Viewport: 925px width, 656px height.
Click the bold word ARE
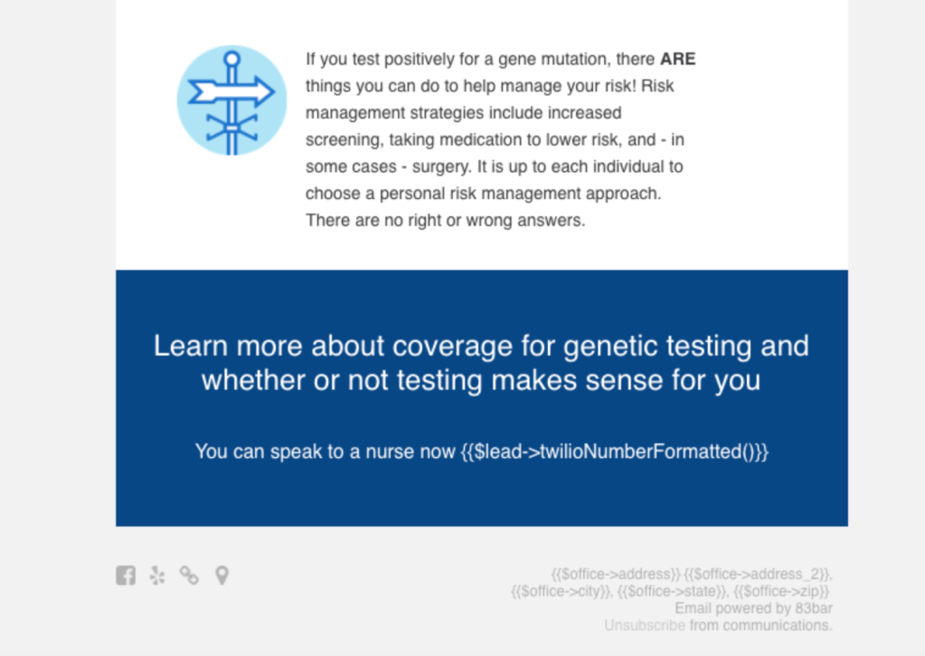(x=678, y=59)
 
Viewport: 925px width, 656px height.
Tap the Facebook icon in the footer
(x=126, y=575)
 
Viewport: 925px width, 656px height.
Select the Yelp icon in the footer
(x=157, y=575)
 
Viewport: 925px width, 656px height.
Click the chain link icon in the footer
(x=189, y=575)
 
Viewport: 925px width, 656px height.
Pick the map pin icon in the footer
(x=222, y=575)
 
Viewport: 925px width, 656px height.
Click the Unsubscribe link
(x=644, y=625)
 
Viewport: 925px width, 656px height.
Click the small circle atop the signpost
(x=231, y=59)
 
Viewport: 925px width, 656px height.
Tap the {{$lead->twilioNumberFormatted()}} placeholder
(x=614, y=452)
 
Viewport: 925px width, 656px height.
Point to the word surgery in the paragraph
(x=442, y=167)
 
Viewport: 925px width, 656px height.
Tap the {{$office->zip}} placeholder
(x=781, y=591)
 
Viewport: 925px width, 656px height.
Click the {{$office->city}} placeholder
(x=562, y=591)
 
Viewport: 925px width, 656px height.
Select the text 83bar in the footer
(x=814, y=608)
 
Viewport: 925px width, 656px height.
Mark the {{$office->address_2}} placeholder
(x=758, y=574)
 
